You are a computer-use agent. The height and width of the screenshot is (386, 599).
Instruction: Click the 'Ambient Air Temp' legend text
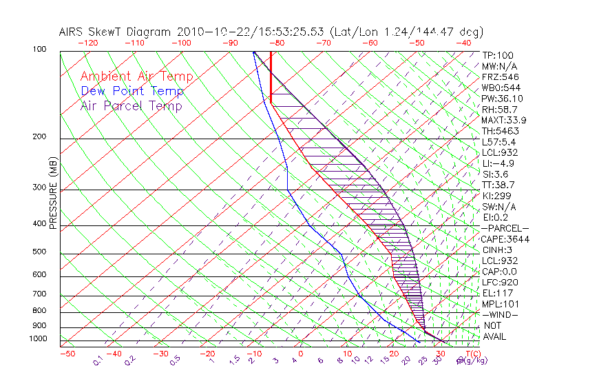(136, 77)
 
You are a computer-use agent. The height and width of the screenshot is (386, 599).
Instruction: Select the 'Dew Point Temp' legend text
(132, 91)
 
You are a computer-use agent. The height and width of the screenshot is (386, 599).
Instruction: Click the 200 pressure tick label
(38, 137)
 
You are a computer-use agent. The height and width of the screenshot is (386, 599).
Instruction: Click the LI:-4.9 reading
(498, 163)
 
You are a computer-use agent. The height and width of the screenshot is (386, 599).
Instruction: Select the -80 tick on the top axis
(277, 43)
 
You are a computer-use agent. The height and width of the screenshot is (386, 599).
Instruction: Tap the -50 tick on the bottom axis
(67, 354)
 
